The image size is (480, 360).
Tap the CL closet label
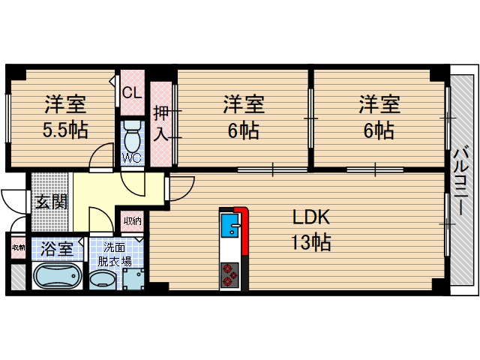132,93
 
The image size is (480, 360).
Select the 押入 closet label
161,124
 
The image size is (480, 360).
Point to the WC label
131,158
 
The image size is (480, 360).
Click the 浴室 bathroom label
57,247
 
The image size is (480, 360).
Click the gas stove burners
229,275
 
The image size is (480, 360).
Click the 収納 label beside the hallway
133,220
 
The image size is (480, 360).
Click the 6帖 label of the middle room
244,130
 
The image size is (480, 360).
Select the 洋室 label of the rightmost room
379,104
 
